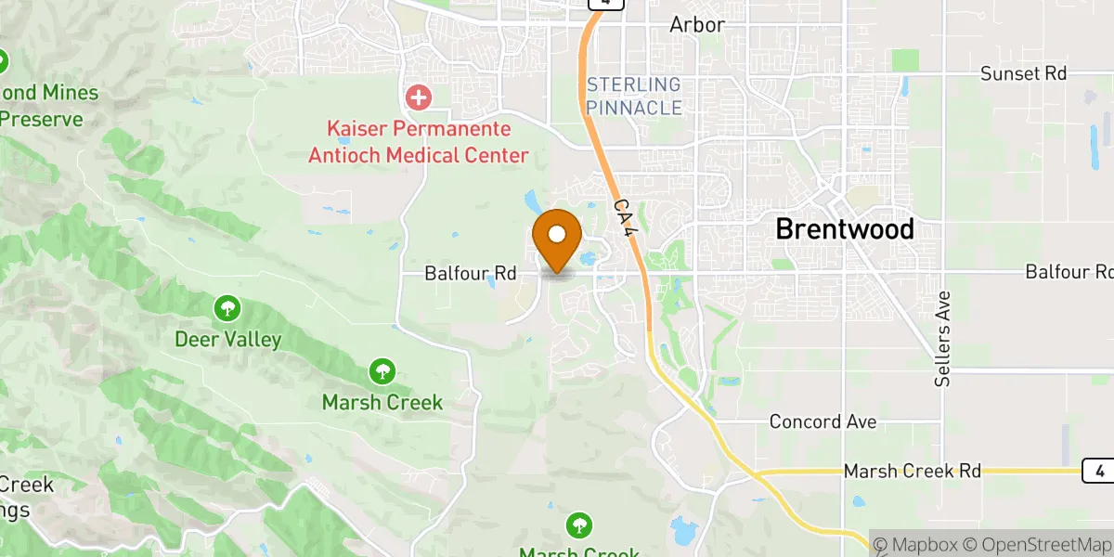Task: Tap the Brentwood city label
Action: (844, 228)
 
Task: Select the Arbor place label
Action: (696, 25)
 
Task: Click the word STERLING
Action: (634, 85)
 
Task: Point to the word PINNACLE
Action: (634, 108)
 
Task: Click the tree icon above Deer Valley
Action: (227, 307)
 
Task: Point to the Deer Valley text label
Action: (227, 339)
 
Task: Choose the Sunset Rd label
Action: (1024, 73)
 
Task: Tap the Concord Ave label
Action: (823, 421)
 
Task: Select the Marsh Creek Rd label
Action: (912, 472)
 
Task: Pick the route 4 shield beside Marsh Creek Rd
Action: (1098, 471)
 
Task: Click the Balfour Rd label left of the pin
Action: (470, 273)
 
